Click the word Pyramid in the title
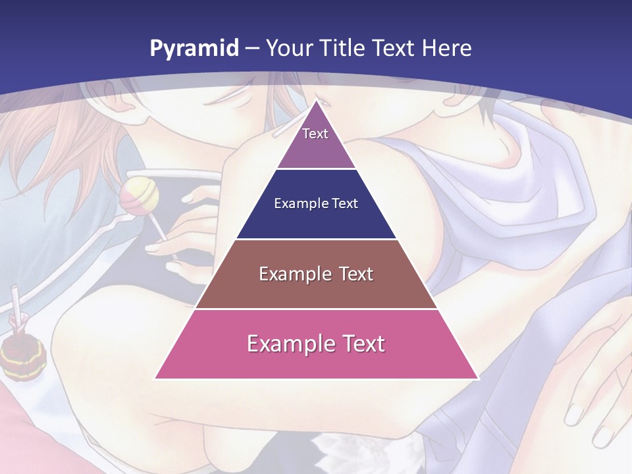tap(194, 49)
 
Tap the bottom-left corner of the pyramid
tap(156, 378)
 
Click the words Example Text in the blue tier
tap(316, 203)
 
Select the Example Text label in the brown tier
tap(316, 274)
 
